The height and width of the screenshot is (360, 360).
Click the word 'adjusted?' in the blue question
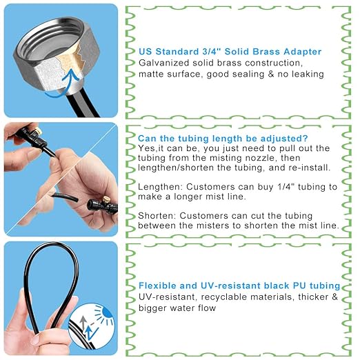(x=283, y=137)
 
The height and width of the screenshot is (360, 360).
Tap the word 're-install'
(x=310, y=168)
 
